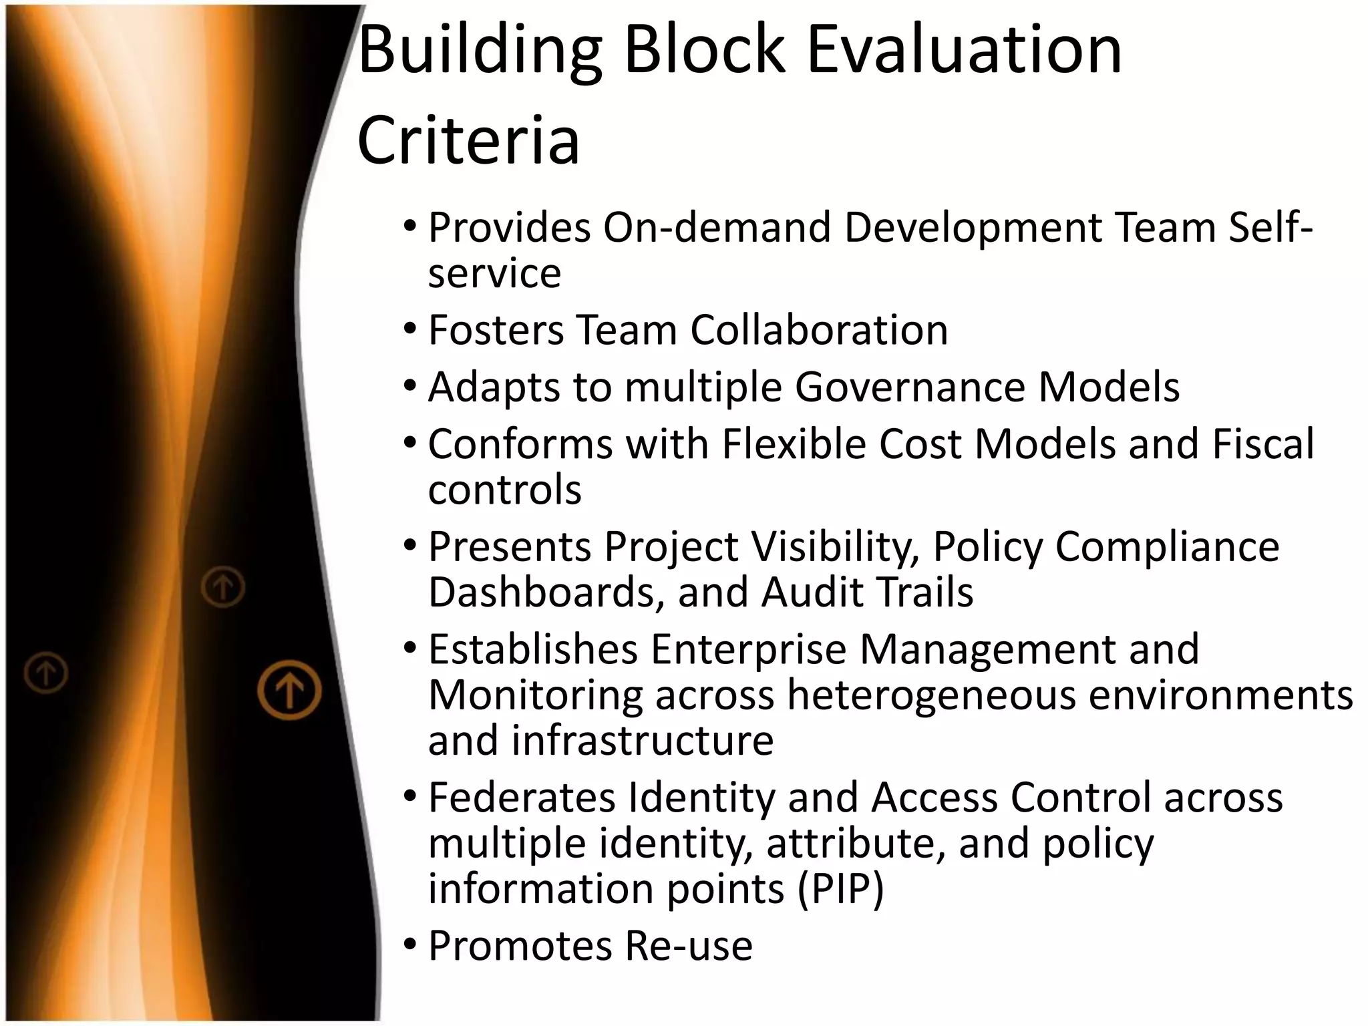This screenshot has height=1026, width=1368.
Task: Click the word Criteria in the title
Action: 468,141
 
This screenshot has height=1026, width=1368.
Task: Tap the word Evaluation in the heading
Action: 965,49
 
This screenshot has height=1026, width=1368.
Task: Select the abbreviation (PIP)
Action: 840,889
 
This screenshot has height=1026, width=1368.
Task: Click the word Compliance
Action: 1167,547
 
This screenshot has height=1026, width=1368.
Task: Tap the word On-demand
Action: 717,227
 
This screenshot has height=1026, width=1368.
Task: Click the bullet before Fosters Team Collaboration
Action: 410,330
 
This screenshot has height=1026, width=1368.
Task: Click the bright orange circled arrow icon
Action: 289,690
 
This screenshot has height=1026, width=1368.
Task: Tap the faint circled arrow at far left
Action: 46,672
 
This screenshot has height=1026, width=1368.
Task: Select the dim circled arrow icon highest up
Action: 223,587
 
